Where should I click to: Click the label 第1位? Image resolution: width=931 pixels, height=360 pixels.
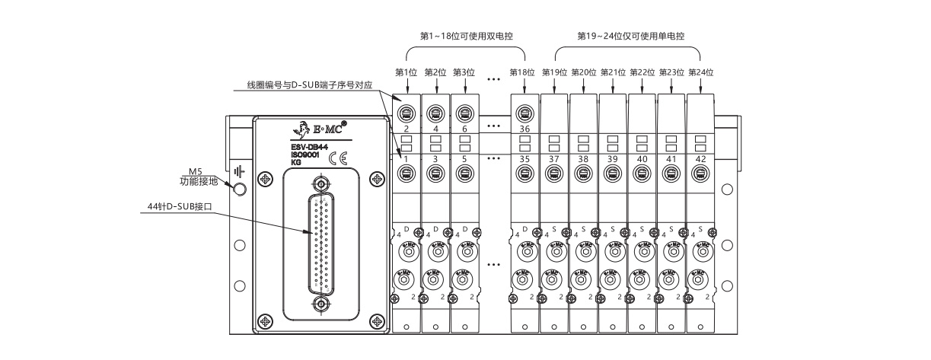click(407, 72)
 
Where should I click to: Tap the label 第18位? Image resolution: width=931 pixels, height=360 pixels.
click(523, 72)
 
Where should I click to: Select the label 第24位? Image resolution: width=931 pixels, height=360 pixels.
click(700, 72)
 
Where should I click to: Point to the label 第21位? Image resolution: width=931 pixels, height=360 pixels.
click(613, 72)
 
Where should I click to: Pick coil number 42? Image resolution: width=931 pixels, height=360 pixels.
click(700, 159)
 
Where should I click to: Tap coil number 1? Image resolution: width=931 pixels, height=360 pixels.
click(407, 159)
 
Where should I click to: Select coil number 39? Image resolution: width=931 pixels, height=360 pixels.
click(612, 159)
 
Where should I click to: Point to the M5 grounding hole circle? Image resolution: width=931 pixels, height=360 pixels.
click(240, 189)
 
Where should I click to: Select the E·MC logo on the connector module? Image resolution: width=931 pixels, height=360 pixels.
click(320, 127)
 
